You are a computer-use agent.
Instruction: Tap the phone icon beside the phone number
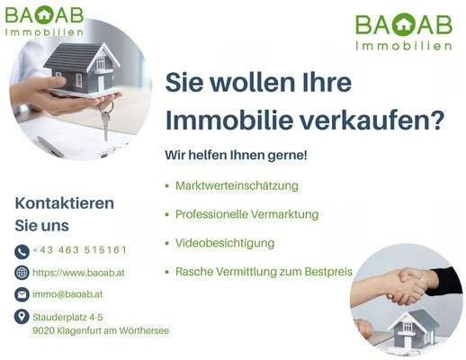[22, 251]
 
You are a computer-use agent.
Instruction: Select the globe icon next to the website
[22, 273]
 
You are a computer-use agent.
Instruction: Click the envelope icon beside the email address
[22, 294]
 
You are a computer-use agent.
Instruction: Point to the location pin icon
[22, 317]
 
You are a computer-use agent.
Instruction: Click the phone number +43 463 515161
[79, 250]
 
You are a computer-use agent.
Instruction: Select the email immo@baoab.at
[68, 293]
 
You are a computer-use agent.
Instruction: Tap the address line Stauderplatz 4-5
[67, 317]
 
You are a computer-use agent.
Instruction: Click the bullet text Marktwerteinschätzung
[237, 186]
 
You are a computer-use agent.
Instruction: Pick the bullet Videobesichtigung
[225, 243]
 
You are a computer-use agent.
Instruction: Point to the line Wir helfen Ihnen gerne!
[236, 155]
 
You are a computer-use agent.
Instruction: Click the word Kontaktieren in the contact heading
[65, 202]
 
